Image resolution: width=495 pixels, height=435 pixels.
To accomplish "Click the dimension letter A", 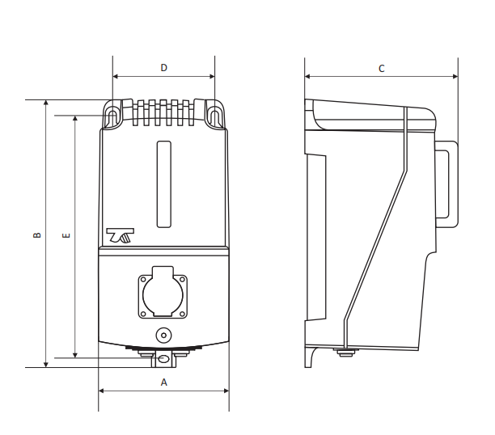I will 163,382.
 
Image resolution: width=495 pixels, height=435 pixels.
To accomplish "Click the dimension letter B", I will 36,235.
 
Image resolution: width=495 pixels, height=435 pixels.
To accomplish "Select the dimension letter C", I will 382,69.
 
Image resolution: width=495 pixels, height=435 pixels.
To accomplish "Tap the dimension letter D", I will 163,68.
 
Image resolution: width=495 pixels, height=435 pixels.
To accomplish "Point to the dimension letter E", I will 66,235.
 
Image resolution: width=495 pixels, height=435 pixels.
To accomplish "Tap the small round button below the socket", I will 163,334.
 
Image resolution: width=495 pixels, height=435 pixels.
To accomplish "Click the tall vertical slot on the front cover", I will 163,184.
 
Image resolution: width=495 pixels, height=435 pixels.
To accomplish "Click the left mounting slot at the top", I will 112,114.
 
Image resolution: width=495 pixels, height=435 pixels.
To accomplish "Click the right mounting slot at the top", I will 214,114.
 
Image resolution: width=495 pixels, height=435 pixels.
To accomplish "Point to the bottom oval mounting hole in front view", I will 163,359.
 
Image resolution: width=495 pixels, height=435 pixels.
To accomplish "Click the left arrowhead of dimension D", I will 115,77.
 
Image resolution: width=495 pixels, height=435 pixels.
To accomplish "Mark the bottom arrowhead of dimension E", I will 75,355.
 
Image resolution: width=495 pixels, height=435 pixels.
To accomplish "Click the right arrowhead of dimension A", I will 226,391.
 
